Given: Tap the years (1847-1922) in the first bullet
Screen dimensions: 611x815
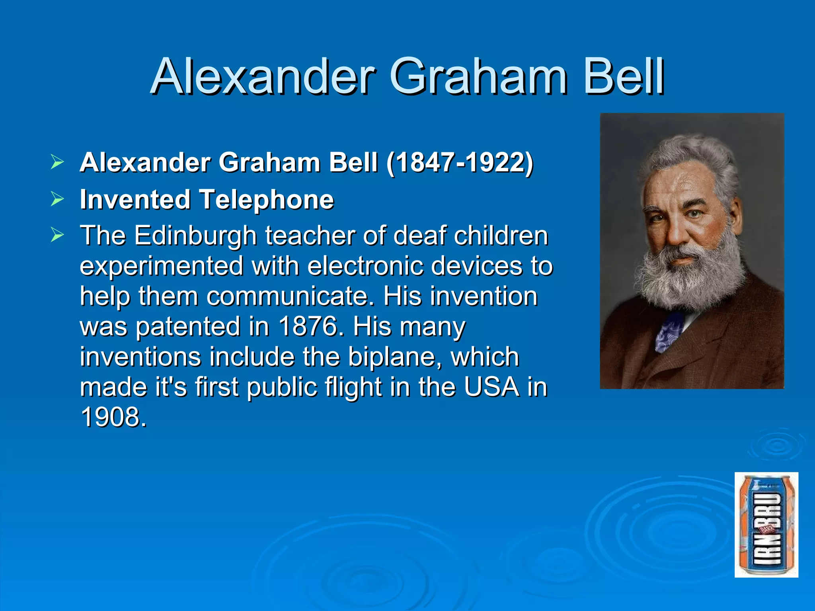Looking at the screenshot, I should pos(460,163).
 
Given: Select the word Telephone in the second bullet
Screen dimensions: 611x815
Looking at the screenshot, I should pos(266,199).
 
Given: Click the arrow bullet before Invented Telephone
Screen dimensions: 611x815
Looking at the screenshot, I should pos(57,199).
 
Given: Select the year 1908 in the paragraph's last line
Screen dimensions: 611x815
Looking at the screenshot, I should pos(113,417).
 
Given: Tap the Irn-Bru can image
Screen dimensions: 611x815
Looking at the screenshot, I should pos(766,525).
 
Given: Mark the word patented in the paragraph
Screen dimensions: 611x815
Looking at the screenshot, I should pos(187,327).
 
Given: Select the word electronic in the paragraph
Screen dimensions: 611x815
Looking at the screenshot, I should pos(365,266).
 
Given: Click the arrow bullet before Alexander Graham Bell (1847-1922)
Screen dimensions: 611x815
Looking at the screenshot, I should pos(57,162).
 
